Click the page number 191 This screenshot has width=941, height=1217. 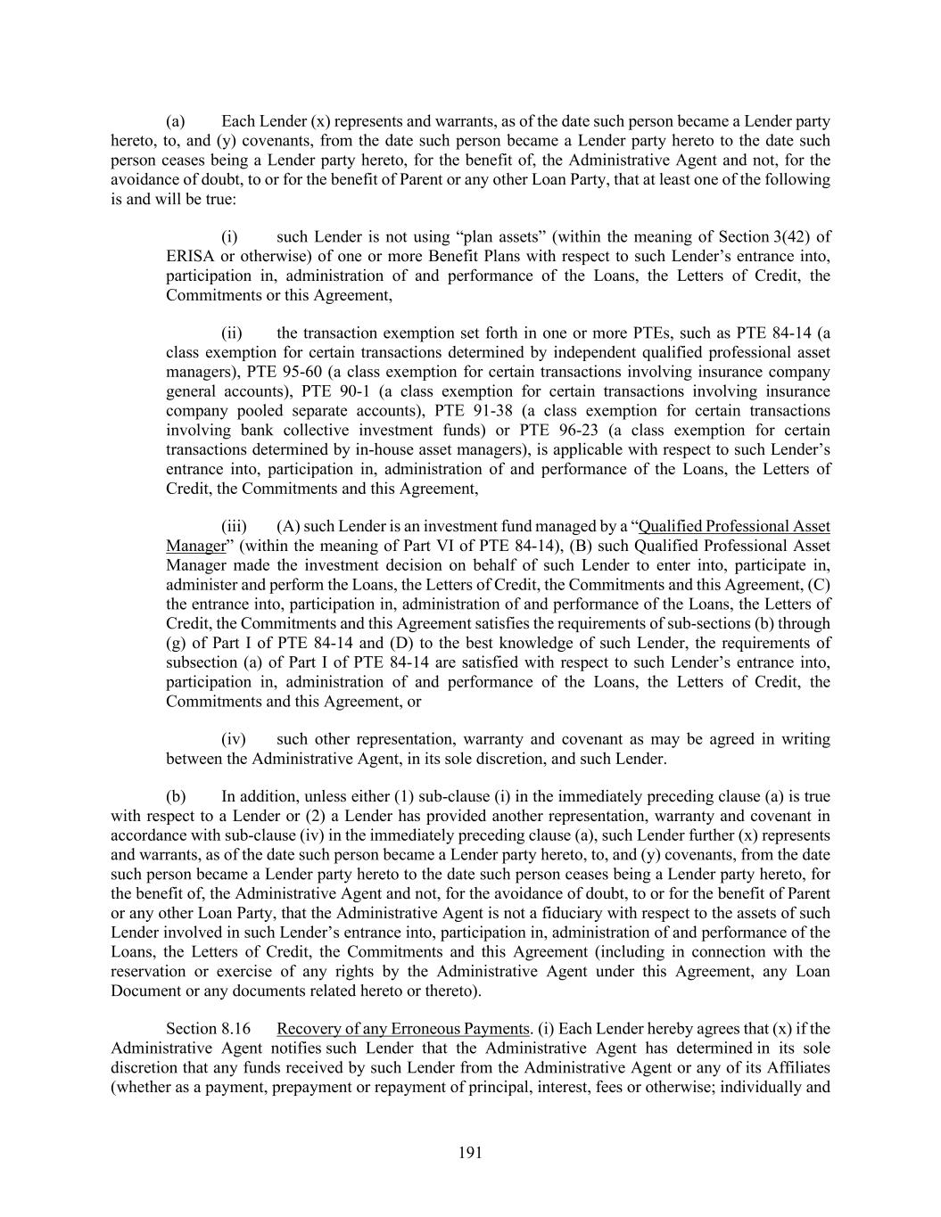coord(470,1153)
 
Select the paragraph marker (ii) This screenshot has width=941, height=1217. coord(232,333)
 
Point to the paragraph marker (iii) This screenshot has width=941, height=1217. coord(234,526)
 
